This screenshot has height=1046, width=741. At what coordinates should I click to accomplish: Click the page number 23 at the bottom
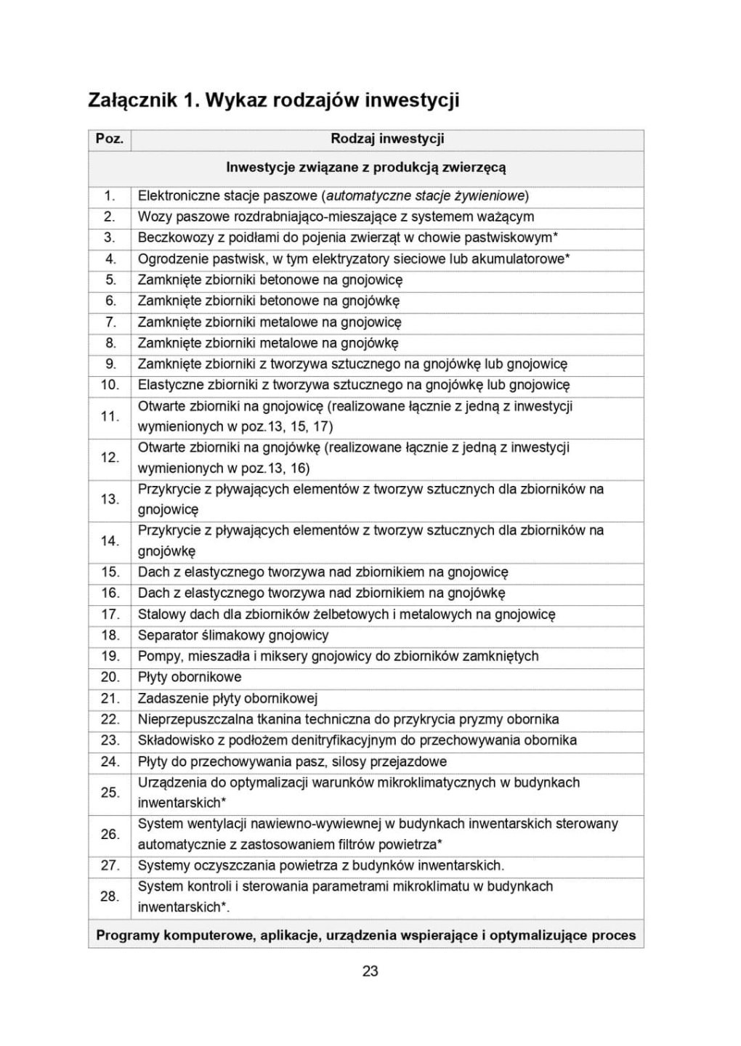point(370,971)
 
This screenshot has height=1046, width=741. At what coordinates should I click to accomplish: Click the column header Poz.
point(110,139)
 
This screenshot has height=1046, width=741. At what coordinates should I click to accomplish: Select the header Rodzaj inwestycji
point(387,139)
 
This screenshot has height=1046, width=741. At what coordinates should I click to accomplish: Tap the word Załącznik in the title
point(131,100)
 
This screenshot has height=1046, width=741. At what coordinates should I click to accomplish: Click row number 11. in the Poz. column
point(110,416)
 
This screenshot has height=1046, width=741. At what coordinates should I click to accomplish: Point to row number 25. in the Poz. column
point(110,792)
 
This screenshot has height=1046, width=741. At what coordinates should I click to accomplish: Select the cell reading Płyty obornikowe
point(190,677)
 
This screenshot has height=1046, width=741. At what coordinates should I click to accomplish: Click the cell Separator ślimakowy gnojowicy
point(233,635)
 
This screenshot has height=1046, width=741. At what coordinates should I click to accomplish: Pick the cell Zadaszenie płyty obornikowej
point(227,699)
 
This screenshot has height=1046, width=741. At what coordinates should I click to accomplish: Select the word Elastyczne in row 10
point(168,385)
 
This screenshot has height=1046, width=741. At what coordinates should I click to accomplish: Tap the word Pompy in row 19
point(159,656)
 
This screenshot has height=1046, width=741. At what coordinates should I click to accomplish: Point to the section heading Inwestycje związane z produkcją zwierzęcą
point(366,167)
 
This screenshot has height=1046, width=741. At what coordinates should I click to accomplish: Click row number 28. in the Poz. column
point(110,896)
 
